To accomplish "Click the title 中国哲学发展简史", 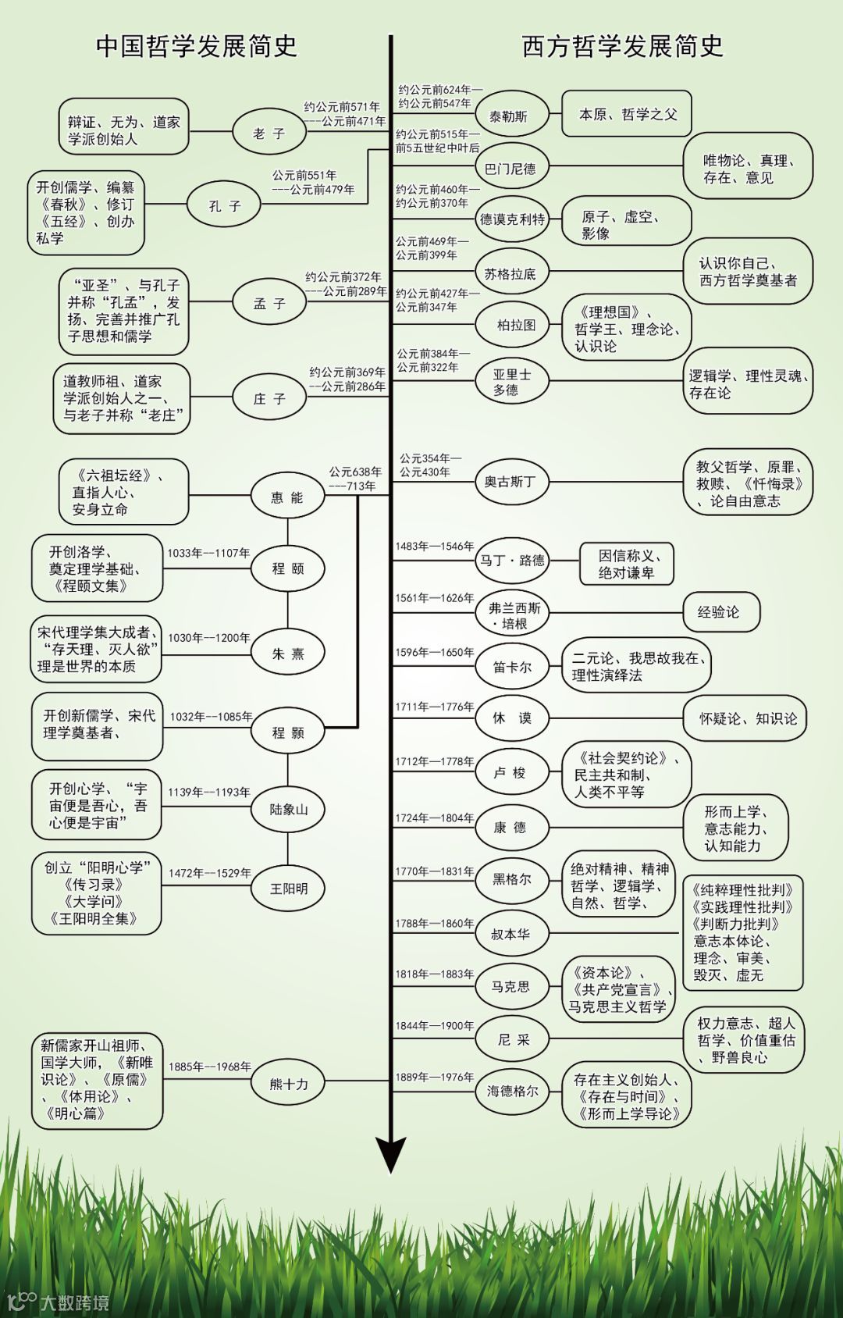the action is tap(197, 46).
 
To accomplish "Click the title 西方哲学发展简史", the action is tap(622, 46).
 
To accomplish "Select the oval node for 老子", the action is tap(269, 133).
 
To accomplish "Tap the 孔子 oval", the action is tap(225, 205).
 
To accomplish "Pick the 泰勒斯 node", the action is tap(509, 116).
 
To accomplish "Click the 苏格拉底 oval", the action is tap(510, 273).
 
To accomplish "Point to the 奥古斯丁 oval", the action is tap(510, 482).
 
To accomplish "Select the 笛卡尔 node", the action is tap(512, 667).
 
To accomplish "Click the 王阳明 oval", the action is tap(288, 889).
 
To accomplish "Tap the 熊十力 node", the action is tap(288, 1084).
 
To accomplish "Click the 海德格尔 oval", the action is tap(512, 1091).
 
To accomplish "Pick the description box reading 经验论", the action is tap(718, 612).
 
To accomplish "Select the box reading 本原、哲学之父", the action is tap(627, 114).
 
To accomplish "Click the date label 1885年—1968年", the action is tap(209, 1067).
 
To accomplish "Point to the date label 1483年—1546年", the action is tap(434, 547).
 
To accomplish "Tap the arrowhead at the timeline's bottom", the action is tap(390, 1155).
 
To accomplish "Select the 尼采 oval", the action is tap(513, 1039).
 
